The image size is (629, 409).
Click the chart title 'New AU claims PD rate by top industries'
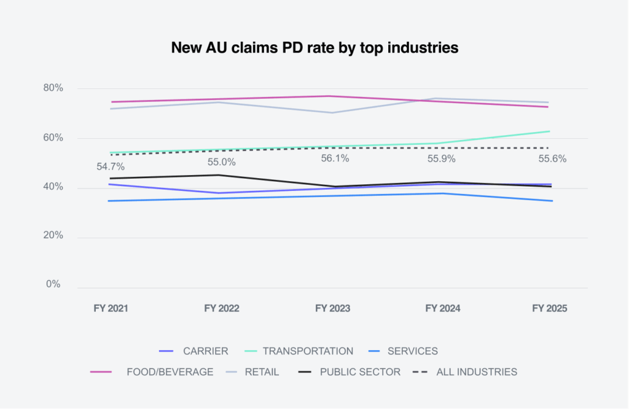pos(314,48)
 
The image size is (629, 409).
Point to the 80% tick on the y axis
pos(53,88)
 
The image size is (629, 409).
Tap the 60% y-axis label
pos(53,138)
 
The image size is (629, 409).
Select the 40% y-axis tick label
pos(53,187)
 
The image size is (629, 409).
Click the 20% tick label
pos(53,236)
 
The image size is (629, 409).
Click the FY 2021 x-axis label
pos(111,308)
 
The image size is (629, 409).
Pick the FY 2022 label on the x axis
pos(221,308)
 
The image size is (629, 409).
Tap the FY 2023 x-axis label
pos(332,308)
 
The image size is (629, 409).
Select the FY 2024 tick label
pos(443,308)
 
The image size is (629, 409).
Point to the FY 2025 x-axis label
pos(550,308)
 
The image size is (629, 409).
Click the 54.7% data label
pos(111,166)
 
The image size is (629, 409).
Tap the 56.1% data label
pos(335,158)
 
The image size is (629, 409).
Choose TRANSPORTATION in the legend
pos(308,351)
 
